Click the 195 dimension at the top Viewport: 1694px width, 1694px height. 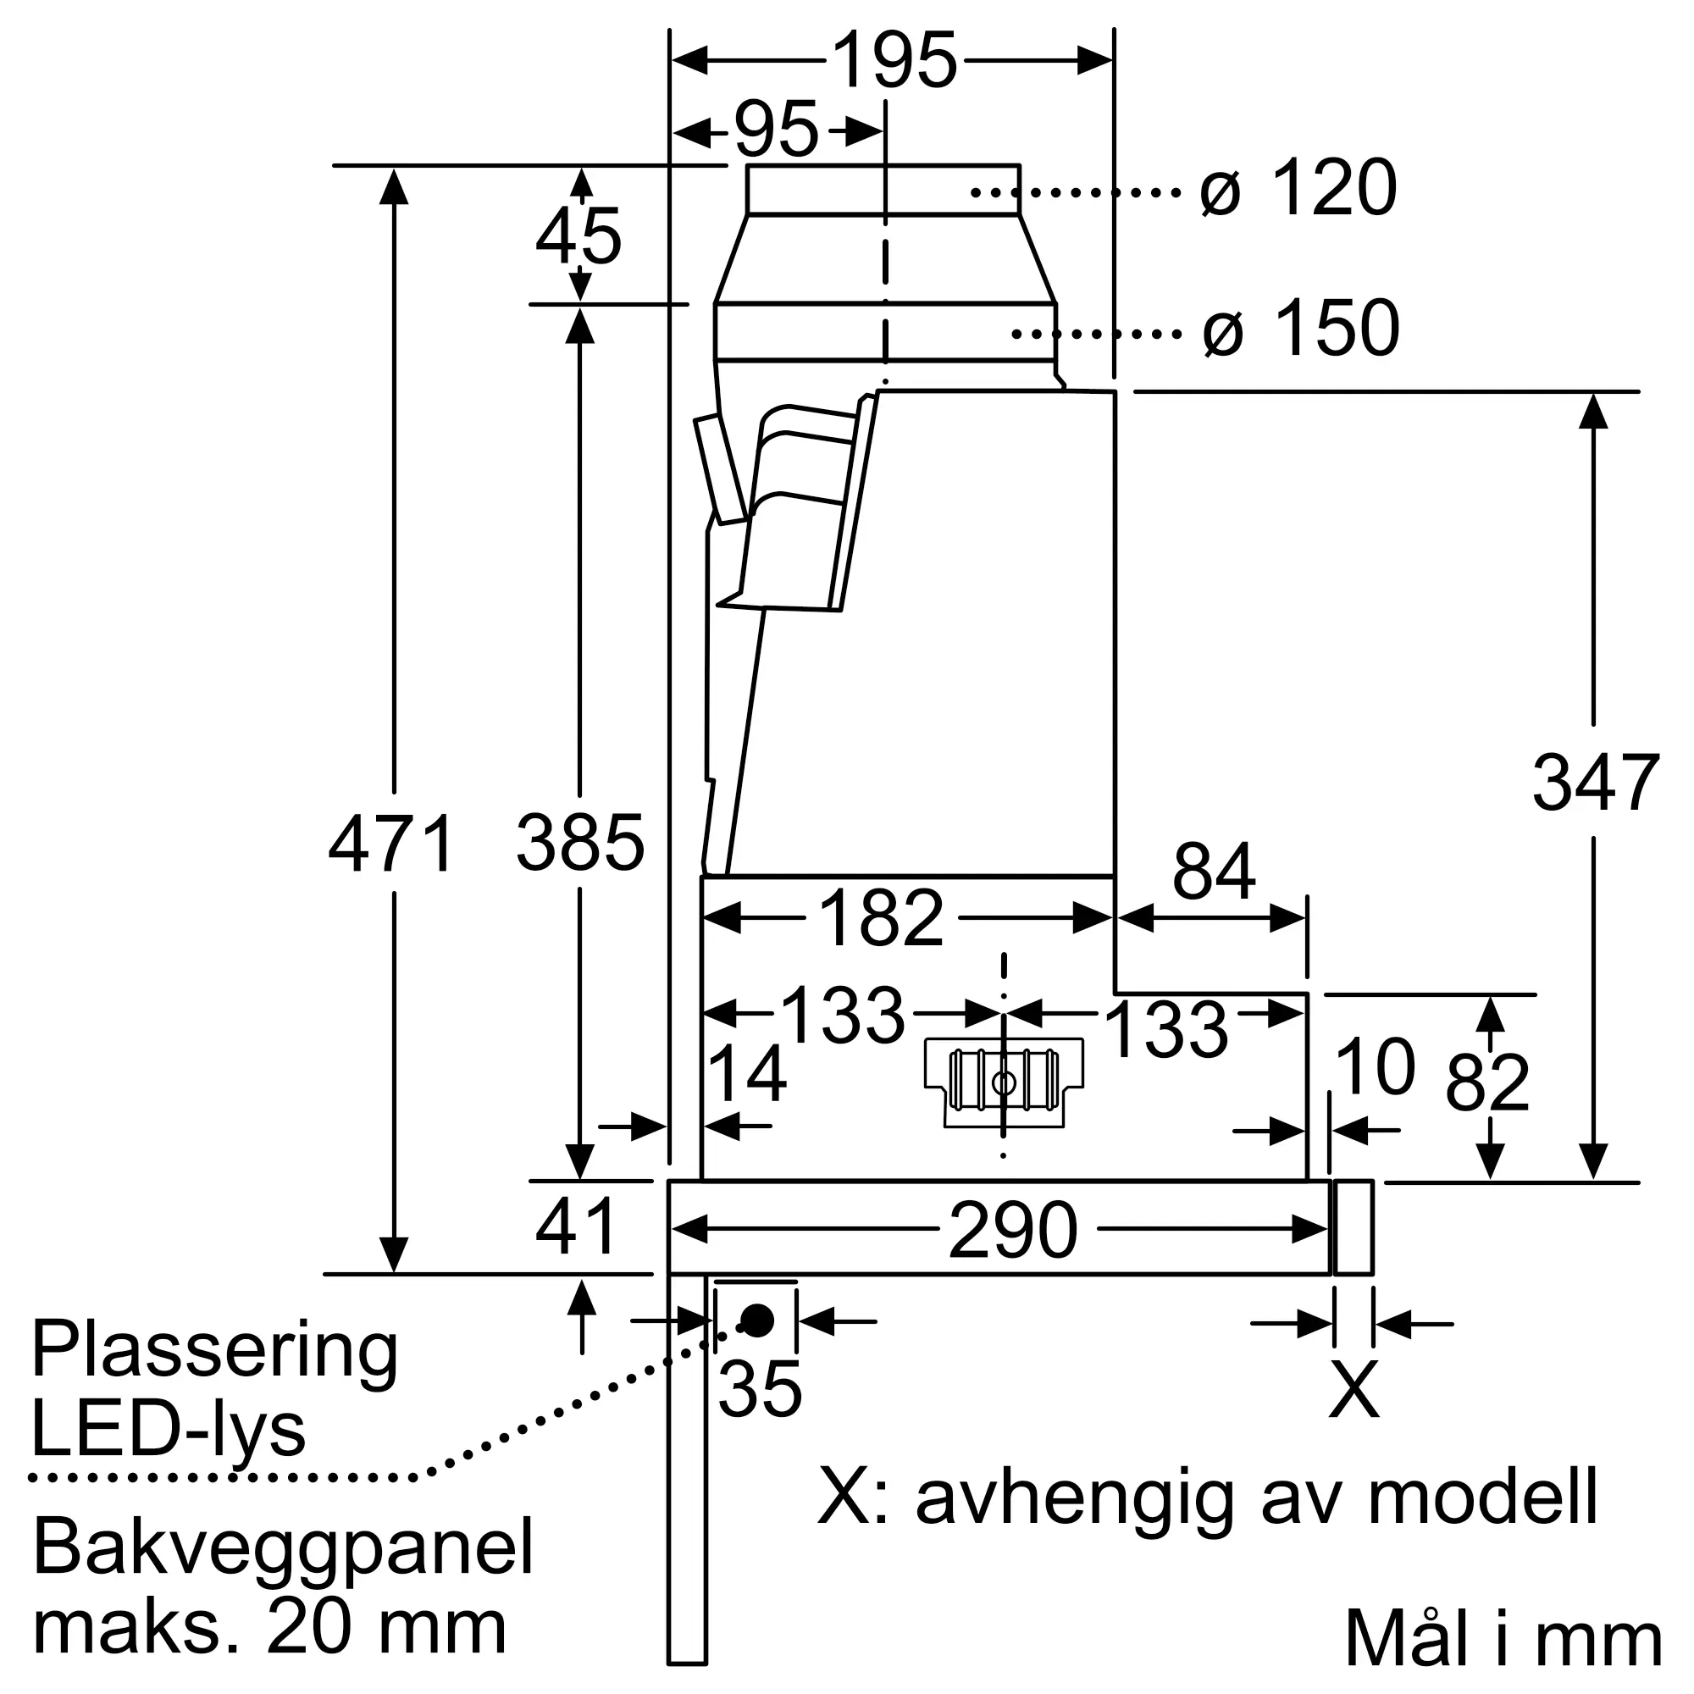pyautogui.click(x=894, y=60)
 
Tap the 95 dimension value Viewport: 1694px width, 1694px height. pyautogui.click(x=776, y=130)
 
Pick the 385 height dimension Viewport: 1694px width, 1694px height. pyautogui.click(x=579, y=843)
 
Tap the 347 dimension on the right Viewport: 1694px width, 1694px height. pyautogui.click(x=1596, y=782)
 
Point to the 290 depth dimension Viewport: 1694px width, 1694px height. pyautogui.click(x=1013, y=1230)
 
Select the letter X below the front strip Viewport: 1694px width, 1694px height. pyautogui.click(x=1354, y=1390)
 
